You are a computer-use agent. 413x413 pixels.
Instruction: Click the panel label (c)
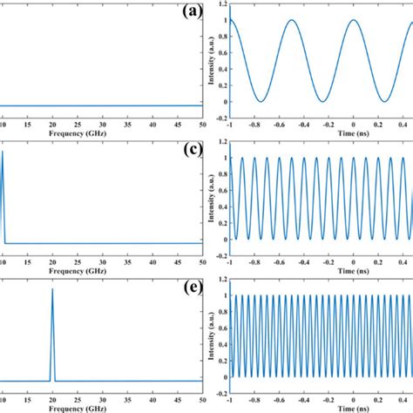pyautogui.click(x=190, y=150)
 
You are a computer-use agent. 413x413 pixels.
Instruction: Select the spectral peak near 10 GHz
pyautogui.click(x=3, y=153)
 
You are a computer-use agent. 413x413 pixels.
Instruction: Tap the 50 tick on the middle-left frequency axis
pyautogui.click(x=203, y=262)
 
